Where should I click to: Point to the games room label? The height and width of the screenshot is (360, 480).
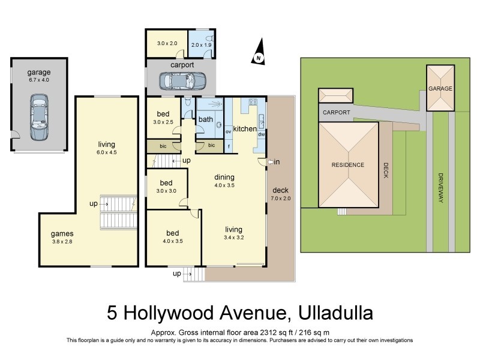pyautogui.click(x=62, y=233)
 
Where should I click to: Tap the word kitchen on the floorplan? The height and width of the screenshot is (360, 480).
pyautogui.click(x=245, y=129)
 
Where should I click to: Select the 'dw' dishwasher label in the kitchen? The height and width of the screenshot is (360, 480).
pyautogui.click(x=262, y=134)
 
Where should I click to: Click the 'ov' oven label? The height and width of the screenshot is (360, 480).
pyautogui.click(x=228, y=131)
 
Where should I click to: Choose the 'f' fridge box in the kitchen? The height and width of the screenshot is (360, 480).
pyautogui.click(x=228, y=145)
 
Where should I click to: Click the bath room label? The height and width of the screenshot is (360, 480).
pyautogui.click(x=206, y=119)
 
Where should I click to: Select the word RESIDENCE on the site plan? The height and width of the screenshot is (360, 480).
pyautogui.click(x=348, y=164)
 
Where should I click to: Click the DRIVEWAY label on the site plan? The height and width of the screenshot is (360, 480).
pyautogui.click(x=440, y=188)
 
